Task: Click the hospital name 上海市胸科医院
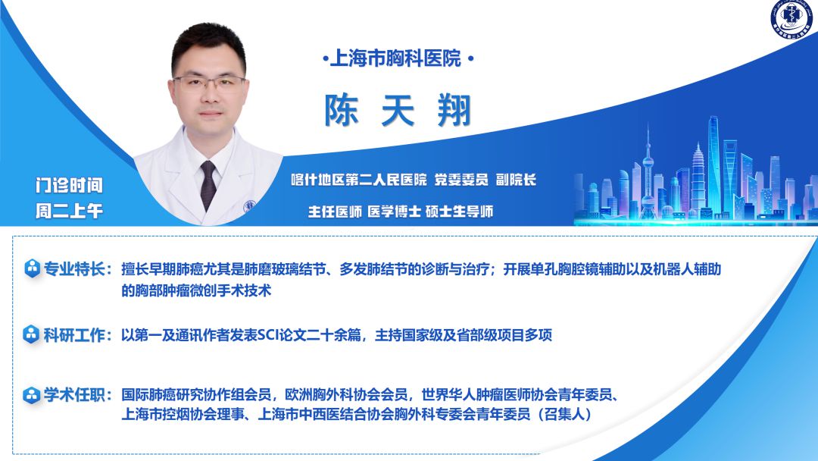396,58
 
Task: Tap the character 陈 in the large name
342,110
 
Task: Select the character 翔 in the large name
454,110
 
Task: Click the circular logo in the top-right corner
791,18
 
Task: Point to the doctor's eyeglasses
209,83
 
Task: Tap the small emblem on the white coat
250,205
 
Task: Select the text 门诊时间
70,185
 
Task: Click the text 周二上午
70,211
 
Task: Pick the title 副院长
516,180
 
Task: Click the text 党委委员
461,180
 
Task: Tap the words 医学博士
395,212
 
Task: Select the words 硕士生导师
460,212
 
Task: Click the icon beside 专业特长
33,268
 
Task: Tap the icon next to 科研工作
31,334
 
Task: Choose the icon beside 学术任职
31,395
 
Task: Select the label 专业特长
74,269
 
